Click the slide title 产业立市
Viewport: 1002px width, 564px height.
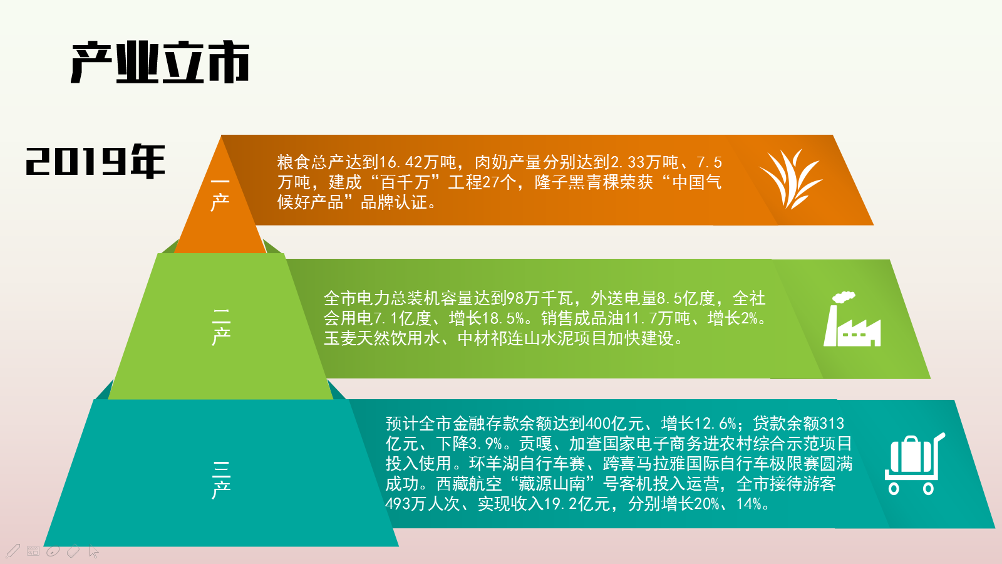click(x=160, y=62)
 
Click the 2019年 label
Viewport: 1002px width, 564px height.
click(x=95, y=161)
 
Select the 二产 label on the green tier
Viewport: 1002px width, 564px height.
click(x=221, y=326)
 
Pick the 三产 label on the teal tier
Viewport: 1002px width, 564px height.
click(x=221, y=479)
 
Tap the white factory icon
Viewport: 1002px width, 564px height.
click(x=852, y=319)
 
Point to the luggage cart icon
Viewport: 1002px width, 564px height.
click(x=915, y=464)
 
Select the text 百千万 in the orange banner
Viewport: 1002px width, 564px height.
click(x=405, y=182)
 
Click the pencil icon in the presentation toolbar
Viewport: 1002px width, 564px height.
click(x=13, y=551)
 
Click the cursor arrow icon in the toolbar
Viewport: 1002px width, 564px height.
click(x=93, y=551)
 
